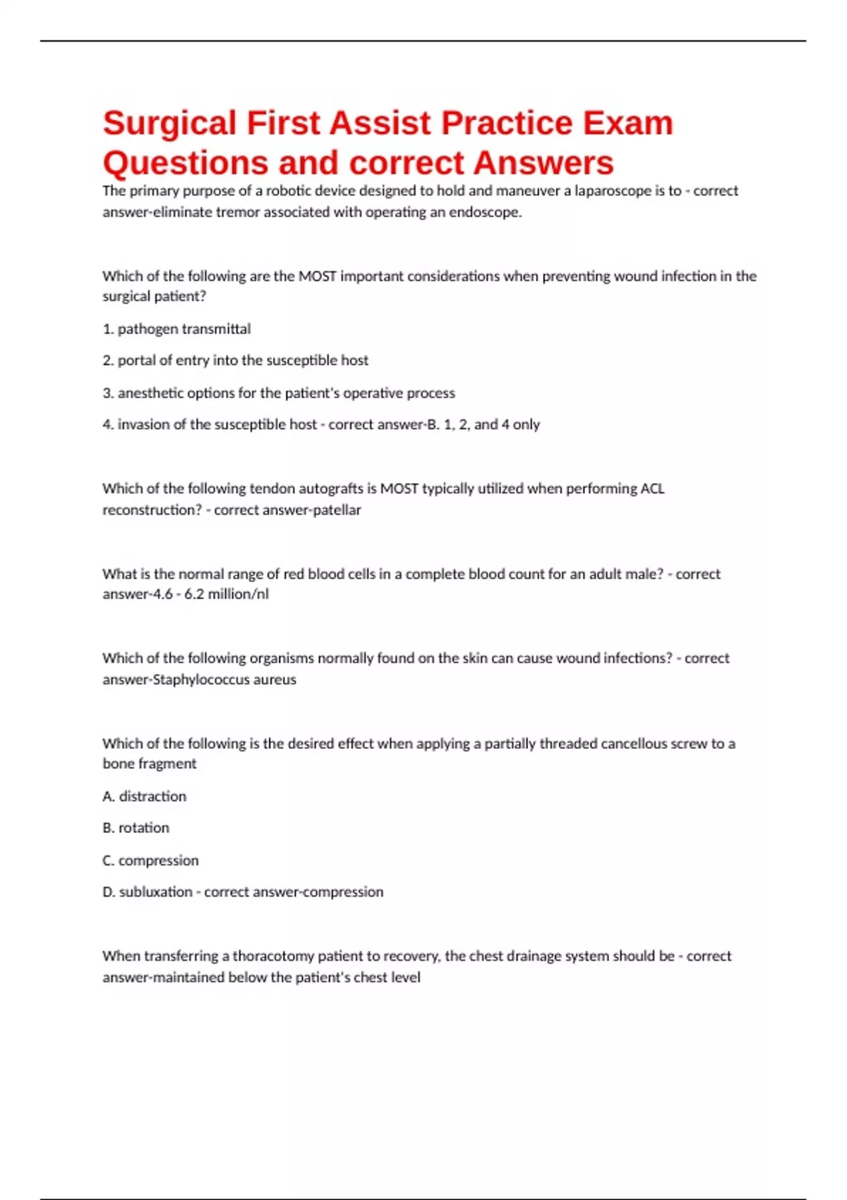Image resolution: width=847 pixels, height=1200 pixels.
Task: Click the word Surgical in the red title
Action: click(x=169, y=124)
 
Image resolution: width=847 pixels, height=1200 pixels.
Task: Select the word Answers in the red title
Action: click(x=543, y=163)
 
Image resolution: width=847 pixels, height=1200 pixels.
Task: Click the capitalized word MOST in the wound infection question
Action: click(x=317, y=276)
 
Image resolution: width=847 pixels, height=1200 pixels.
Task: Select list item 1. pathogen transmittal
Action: click(x=176, y=329)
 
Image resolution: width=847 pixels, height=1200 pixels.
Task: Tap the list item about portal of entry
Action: click(x=235, y=361)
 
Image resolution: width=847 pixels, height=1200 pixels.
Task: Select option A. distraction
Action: click(x=145, y=796)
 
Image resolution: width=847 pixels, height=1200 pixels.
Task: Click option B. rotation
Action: click(x=136, y=828)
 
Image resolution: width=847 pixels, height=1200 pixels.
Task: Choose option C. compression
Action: click(x=150, y=860)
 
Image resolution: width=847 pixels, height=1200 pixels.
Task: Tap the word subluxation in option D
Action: click(x=155, y=892)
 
